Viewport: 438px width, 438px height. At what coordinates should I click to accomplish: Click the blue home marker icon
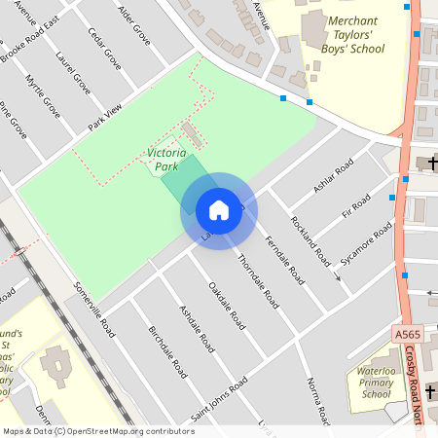click(x=219, y=210)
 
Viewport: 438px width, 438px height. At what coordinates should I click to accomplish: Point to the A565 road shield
click(x=408, y=334)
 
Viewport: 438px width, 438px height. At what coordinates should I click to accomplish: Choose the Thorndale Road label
click(x=258, y=281)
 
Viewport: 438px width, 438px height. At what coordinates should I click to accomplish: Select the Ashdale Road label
click(x=197, y=327)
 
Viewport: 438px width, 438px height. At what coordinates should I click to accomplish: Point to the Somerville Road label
click(x=95, y=310)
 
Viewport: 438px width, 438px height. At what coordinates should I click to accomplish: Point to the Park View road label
click(x=107, y=117)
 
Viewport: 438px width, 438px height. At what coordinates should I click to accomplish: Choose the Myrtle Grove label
click(x=43, y=96)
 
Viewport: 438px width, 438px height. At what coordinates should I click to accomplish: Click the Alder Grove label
click(x=133, y=25)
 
